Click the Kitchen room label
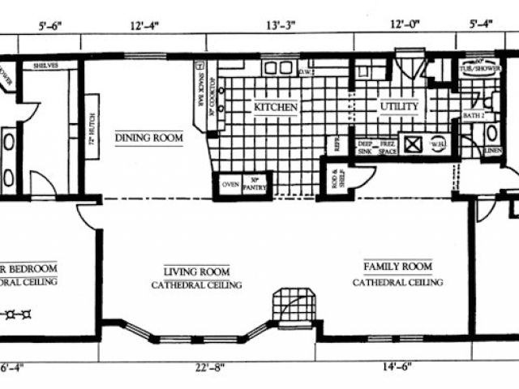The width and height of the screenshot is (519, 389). click(x=277, y=107)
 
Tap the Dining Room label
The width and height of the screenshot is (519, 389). click(x=148, y=138)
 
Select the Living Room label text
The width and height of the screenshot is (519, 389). click(x=196, y=272)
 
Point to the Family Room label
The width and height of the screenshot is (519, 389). click(x=397, y=266)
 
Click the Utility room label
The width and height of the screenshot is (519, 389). click(x=398, y=107)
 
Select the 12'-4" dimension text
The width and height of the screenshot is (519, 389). click(x=146, y=26)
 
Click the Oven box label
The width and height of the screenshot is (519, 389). click(x=228, y=182)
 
